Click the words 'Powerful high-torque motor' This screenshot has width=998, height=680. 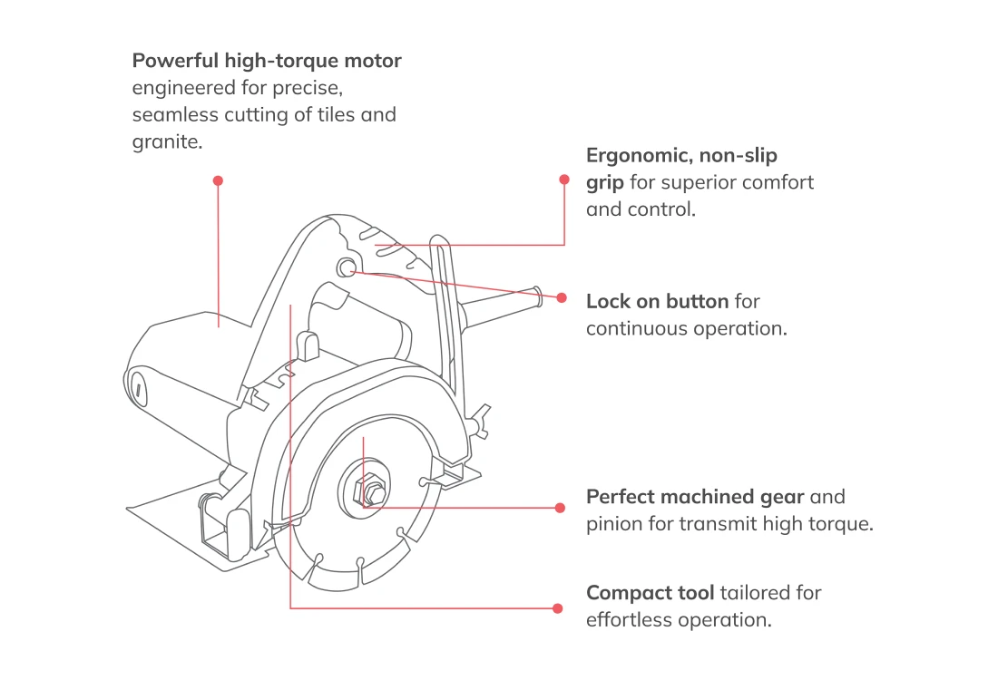pos(267,62)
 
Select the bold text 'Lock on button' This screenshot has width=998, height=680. pos(657,301)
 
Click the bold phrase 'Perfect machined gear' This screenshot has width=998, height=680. pos(695,497)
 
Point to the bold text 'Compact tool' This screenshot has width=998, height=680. pos(650,593)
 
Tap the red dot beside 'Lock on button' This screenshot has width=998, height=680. pos(563,297)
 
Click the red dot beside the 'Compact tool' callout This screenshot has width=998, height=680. pos(557,608)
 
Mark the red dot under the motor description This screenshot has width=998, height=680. pos(218,180)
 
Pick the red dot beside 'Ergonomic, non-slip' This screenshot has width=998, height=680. pos(564,180)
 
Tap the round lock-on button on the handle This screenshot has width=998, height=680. pos(346,267)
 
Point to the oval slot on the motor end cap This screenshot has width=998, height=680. pos(140,390)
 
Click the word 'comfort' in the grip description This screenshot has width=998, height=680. pos(779,182)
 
